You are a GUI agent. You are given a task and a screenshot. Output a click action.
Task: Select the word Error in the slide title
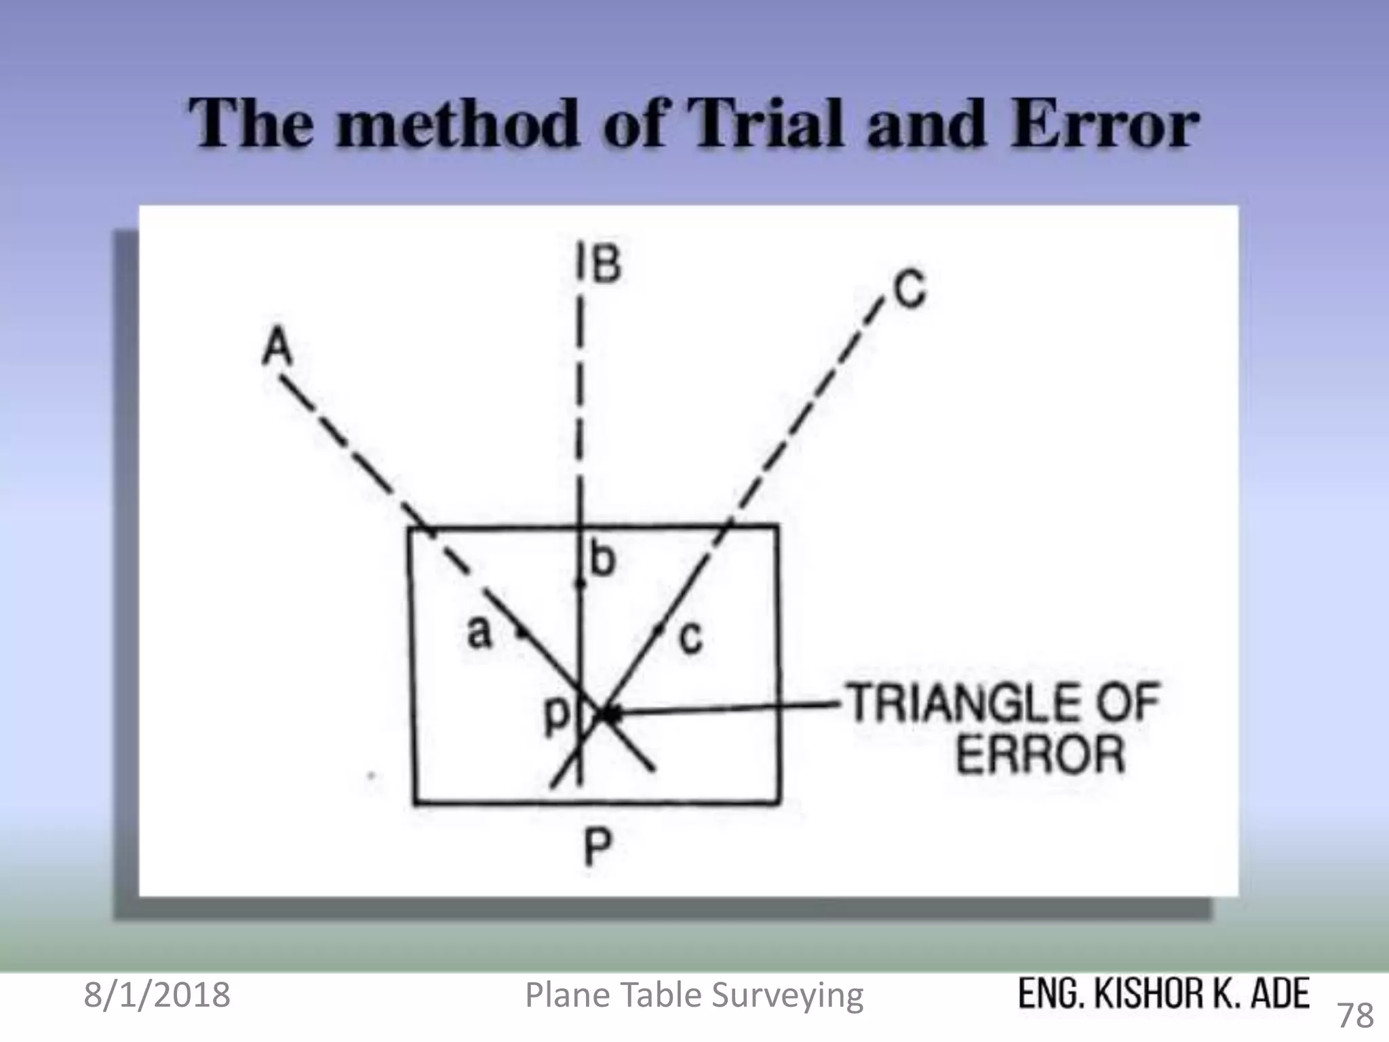coord(1103,125)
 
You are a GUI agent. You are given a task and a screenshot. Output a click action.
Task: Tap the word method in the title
coord(458,125)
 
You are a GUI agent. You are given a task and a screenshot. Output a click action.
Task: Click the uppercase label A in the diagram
coord(277,346)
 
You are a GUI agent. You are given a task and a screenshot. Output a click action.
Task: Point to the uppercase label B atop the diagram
coord(606,264)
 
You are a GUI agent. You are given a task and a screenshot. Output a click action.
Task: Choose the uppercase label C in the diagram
coord(909,290)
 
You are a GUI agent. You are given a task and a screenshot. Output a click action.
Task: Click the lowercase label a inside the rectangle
coord(479,632)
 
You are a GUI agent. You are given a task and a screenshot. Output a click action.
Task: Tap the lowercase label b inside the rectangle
coord(602,560)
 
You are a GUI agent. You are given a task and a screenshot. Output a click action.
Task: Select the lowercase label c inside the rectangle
coord(690,638)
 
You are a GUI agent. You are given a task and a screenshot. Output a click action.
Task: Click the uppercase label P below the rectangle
coord(598,847)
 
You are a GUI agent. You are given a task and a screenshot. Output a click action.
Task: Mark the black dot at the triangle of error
coord(612,714)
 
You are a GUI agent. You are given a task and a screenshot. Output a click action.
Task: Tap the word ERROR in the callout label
coord(1040,754)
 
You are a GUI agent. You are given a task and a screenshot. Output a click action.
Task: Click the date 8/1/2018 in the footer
coord(157,995)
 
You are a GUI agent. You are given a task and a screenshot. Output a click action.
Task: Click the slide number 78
coord(1354,1015)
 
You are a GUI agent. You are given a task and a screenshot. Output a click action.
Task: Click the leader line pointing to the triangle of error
coord(732,708)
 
